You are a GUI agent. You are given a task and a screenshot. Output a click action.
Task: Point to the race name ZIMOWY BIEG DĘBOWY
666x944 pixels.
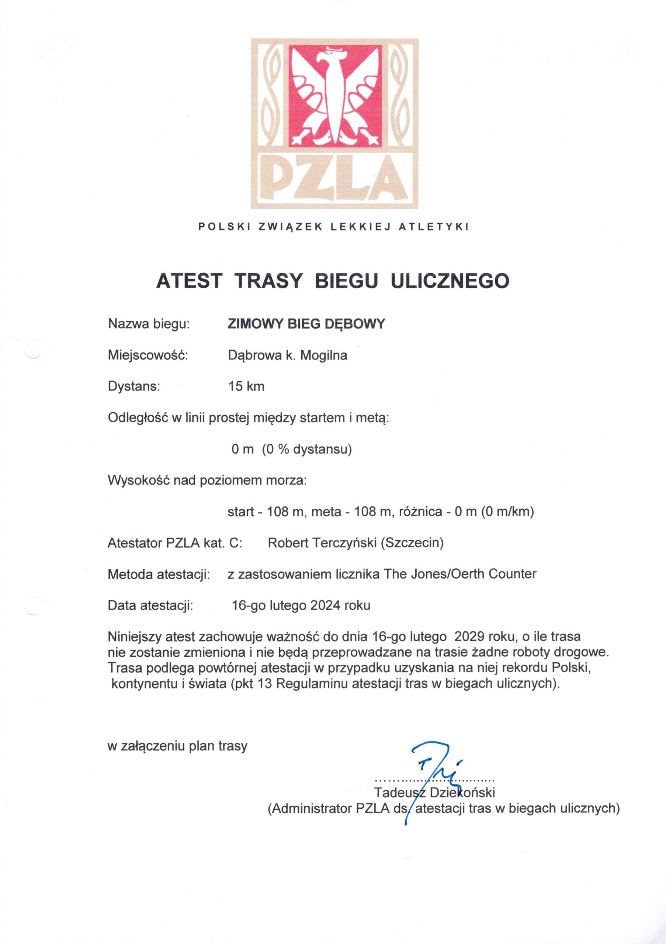(x=306, y=323)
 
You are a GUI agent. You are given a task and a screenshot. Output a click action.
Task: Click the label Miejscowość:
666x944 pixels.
(x=148, y=355)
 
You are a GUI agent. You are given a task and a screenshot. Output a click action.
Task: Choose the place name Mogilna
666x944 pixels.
(x=324, y=355)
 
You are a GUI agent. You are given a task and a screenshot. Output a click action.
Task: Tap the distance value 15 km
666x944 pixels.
(x=246, y=386)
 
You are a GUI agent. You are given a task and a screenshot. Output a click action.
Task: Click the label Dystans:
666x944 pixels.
(x=133, y=386)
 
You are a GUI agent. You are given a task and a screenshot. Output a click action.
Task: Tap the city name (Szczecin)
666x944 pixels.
(x=412, y=543)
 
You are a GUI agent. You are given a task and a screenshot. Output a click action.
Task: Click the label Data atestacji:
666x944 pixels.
(x=150, y=605)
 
